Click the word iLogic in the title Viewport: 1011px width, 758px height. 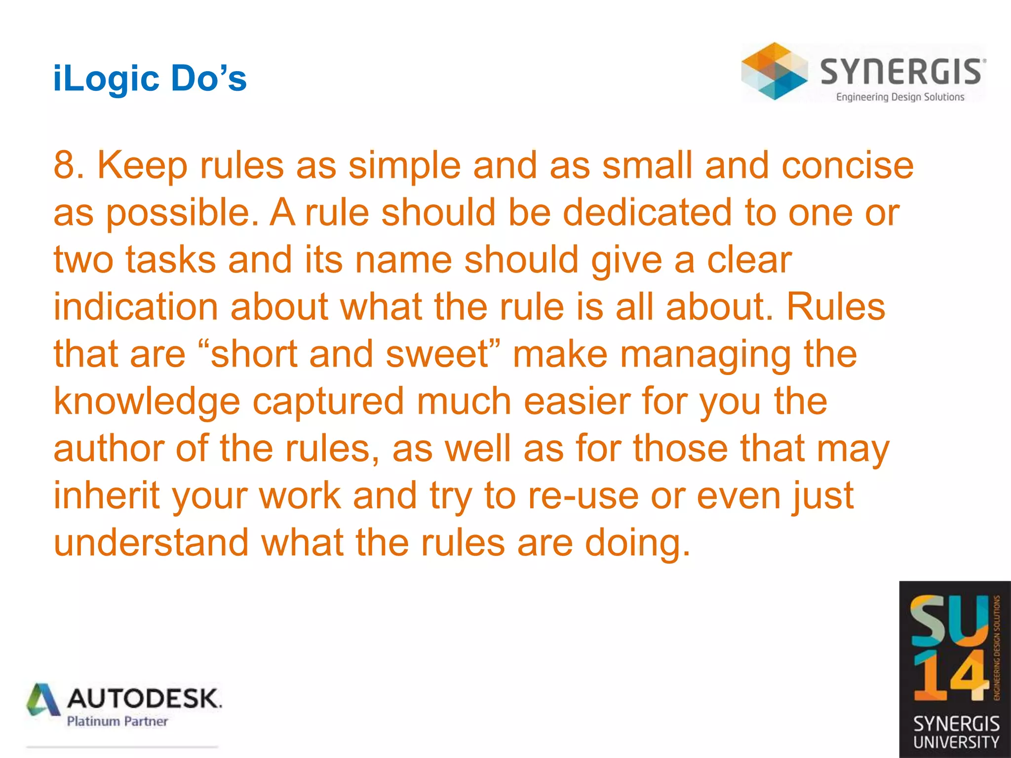point(105,79)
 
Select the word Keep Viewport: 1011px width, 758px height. point(142,166)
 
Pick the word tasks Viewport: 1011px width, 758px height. point(170,260)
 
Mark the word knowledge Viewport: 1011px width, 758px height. point(147,401)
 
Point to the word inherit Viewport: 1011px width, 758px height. point(107,495)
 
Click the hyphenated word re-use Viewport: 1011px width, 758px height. point(583,495)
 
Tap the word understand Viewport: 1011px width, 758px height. point(151,543)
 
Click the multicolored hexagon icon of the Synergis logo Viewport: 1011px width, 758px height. point(774,71)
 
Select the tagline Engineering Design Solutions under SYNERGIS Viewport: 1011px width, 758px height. point(900,97)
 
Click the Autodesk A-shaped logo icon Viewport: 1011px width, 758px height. point(44,700)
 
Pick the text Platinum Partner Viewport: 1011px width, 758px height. point(117,721)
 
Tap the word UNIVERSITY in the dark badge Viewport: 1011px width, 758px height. point(956,742)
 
